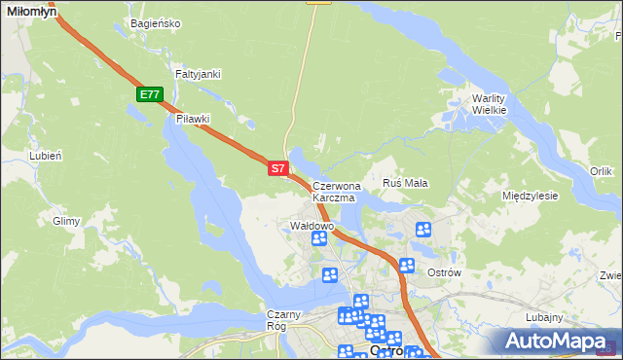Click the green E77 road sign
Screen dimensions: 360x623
tap(149, 94)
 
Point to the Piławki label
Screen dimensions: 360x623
tap(193, 119)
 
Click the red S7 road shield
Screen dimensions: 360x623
tap(277, 168)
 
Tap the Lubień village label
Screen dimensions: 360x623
tap(46, 156)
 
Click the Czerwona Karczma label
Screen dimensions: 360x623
tap(336, 191)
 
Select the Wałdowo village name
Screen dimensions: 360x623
tap(312, 226)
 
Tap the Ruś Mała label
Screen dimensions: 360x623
tap(406, 183)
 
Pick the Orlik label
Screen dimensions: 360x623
tap(601, 171)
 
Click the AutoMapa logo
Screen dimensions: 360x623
tap(556, 341)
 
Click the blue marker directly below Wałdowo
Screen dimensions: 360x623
tap(318, 239)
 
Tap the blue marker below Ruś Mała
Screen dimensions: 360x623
tap(423, 230)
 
